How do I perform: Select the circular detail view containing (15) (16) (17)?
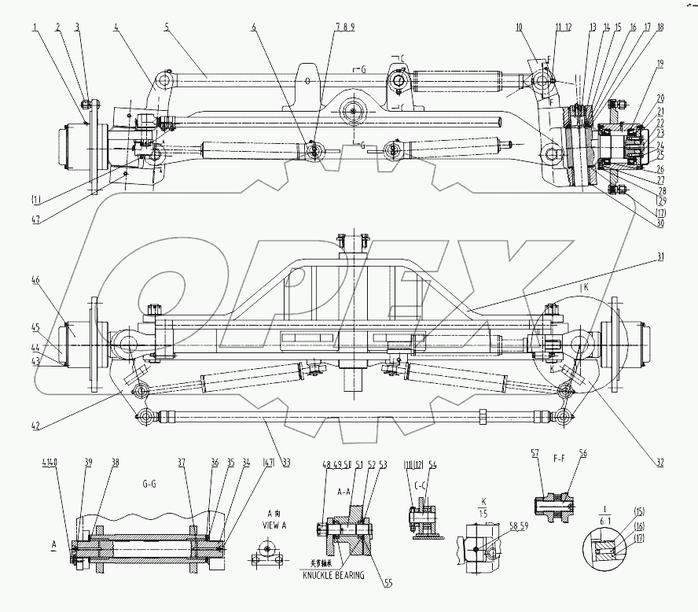click(x=604, y=546)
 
